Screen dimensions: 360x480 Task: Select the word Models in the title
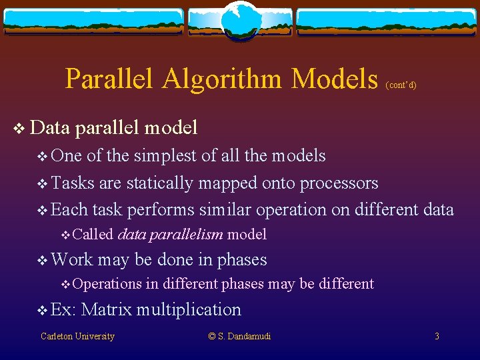click(335, 79)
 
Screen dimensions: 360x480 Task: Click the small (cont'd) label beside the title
click(401, 85)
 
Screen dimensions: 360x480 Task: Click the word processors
click(339, 183)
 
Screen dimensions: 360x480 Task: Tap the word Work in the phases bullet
click(71, 259)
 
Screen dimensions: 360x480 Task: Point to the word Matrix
click(107, 309)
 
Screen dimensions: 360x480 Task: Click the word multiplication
click(189, 309)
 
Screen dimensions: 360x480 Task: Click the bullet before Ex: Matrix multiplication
click(42, 310)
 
